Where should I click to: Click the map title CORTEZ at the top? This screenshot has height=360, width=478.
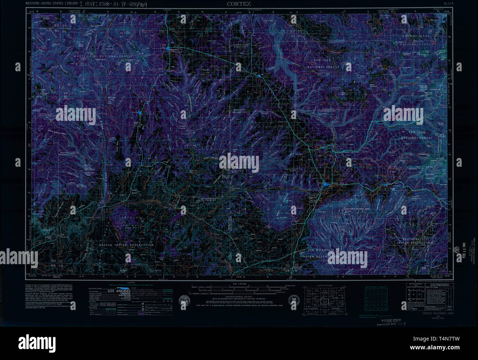[239, 4]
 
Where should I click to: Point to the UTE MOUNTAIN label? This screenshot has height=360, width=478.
[321, 250]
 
